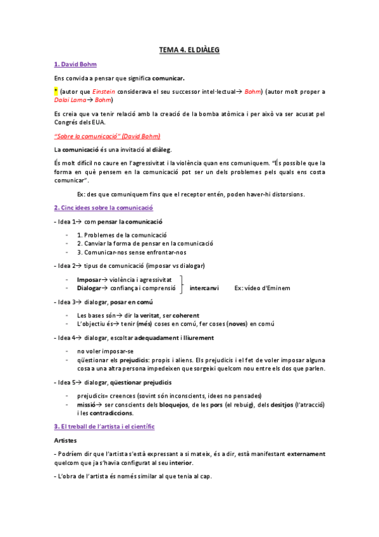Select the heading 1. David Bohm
pyautogui.click(x=75, y=64)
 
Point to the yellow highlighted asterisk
pyautogui.click(x=56, y=91)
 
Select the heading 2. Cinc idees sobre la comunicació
pyautogui.click(x=104, y=208)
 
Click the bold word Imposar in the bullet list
pyautogui.click(x=89, y=279)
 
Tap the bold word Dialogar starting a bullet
pyautogui.click(x=89, y=288)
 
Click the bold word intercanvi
pyautogui.click(x=204, y=288)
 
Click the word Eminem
pyautogui.click(x=278, y=288)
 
